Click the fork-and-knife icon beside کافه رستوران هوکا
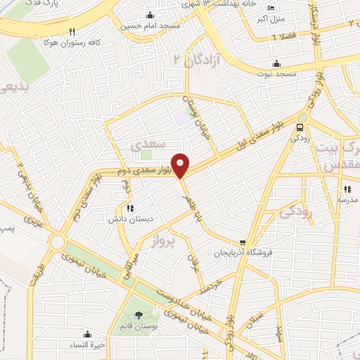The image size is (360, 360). [72, 32]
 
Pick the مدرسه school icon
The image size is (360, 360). [347, 188]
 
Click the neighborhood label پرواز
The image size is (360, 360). [164, 245]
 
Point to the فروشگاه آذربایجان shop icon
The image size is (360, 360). [243, 243]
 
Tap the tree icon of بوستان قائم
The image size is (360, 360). [137, 314]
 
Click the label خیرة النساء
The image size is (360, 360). [88, 345]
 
